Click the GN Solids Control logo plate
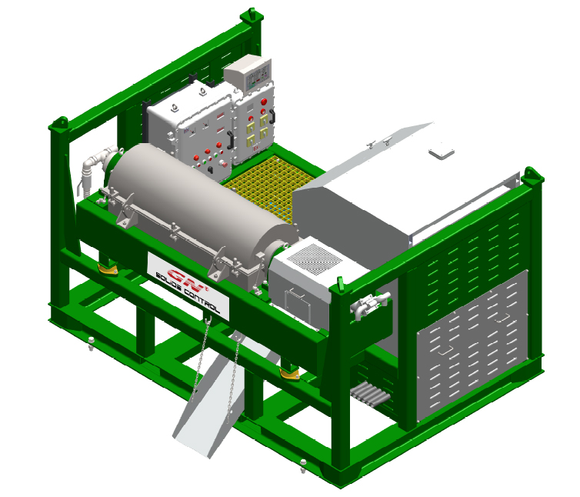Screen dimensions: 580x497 click(x=188, y=286)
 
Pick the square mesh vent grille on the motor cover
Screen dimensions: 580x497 click(x=315, y=259)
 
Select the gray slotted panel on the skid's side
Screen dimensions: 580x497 click(x=472, y=346)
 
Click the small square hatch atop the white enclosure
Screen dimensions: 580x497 click(x=442, y=152)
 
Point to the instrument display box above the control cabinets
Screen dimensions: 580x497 click(x=248, y=74)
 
